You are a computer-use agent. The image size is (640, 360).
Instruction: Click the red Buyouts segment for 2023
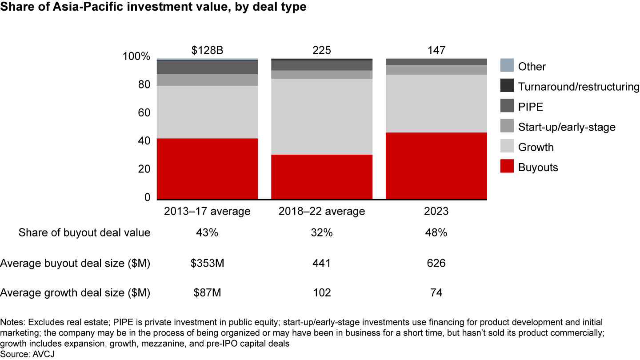(436, 166)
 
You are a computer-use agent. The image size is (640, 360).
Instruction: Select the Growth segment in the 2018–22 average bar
(321, 116)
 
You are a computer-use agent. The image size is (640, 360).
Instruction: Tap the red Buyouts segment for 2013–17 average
(207, 169)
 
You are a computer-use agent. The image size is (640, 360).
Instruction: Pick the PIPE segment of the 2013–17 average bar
(207, 67)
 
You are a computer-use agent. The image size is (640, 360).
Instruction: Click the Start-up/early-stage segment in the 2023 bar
(436, 70)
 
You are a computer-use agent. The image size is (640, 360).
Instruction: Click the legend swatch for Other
(507, 66)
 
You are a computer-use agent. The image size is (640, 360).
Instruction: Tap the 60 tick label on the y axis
(144, 113)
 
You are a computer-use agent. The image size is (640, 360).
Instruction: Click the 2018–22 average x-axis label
(321, 211)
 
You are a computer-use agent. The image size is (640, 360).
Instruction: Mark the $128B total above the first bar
(207, 50)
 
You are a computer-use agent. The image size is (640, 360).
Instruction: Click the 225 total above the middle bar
(321, 50)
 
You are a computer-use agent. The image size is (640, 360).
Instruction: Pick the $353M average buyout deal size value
(207, 263)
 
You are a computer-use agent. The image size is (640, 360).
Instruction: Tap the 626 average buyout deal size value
(436, 263)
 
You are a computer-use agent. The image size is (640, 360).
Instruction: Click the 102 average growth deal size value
(321, 293)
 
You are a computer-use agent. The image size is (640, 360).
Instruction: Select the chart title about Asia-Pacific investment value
(153, 8)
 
